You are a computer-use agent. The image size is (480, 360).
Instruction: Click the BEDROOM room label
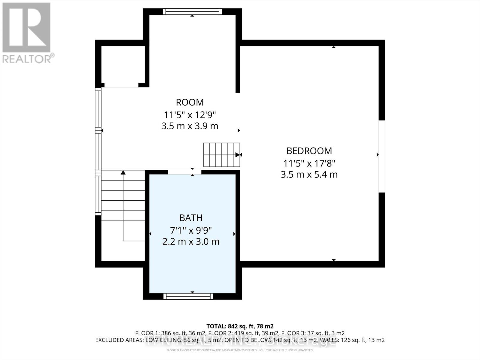coord(309,151)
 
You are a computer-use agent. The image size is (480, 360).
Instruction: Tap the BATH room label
coord(191,218)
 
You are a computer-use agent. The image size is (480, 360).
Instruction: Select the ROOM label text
coord(190,102)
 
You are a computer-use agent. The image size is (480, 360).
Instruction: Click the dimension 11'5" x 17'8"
coord(309,163)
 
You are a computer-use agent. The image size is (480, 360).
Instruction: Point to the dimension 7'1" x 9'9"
coord(191,230)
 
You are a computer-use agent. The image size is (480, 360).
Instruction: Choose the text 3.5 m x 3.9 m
coord(190,126)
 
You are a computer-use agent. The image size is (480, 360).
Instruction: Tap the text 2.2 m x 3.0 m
coord(191,241)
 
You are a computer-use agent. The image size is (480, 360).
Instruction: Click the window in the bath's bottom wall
coord(188,296)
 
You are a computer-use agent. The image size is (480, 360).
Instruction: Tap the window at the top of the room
coord(192,12)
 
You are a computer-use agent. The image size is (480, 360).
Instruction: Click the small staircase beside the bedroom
coord(221,155)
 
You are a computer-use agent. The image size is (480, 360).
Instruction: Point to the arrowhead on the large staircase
coord(123,172)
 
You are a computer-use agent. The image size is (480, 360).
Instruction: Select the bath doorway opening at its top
coord(184,172)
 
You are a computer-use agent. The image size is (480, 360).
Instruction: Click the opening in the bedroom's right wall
coord(381,156)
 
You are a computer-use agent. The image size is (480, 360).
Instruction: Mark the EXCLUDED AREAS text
coord(119,340)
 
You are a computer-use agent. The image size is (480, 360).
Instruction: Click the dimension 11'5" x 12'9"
coord(190,115)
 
